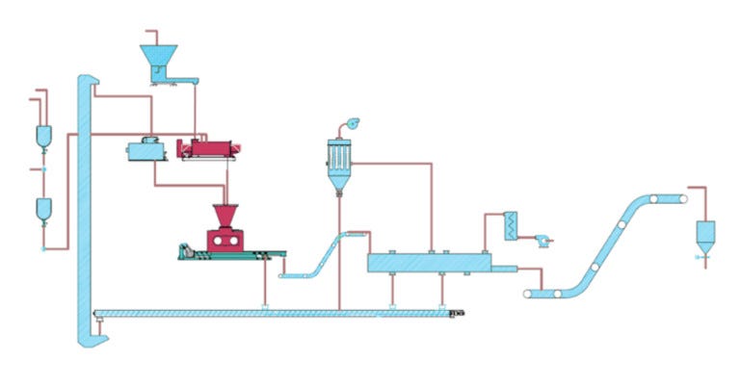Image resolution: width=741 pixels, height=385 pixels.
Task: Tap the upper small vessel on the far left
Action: pyautogui.click(x=43, y=136)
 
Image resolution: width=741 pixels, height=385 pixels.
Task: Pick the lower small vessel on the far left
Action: pyautogui.click(x=43, y=209)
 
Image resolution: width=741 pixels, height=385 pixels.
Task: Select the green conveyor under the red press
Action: pyautogui.click(x=231, y=254)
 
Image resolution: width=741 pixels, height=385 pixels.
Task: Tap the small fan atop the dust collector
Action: pyautogui.click(x=353, y=122)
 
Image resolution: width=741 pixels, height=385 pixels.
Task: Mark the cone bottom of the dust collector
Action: pyautogui.click(x=340, y=181)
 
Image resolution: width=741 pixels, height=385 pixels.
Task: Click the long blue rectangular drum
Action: pyautogui.click(x=430, y=262)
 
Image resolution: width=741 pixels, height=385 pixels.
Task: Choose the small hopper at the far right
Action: pyautogui.click(x=705, y=233)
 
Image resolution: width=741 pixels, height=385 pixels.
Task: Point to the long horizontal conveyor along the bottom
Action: pyautogui.click(x=279, y=313)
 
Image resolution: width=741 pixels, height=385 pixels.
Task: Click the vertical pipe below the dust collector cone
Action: pyautogui.click(x=340, y=250)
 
